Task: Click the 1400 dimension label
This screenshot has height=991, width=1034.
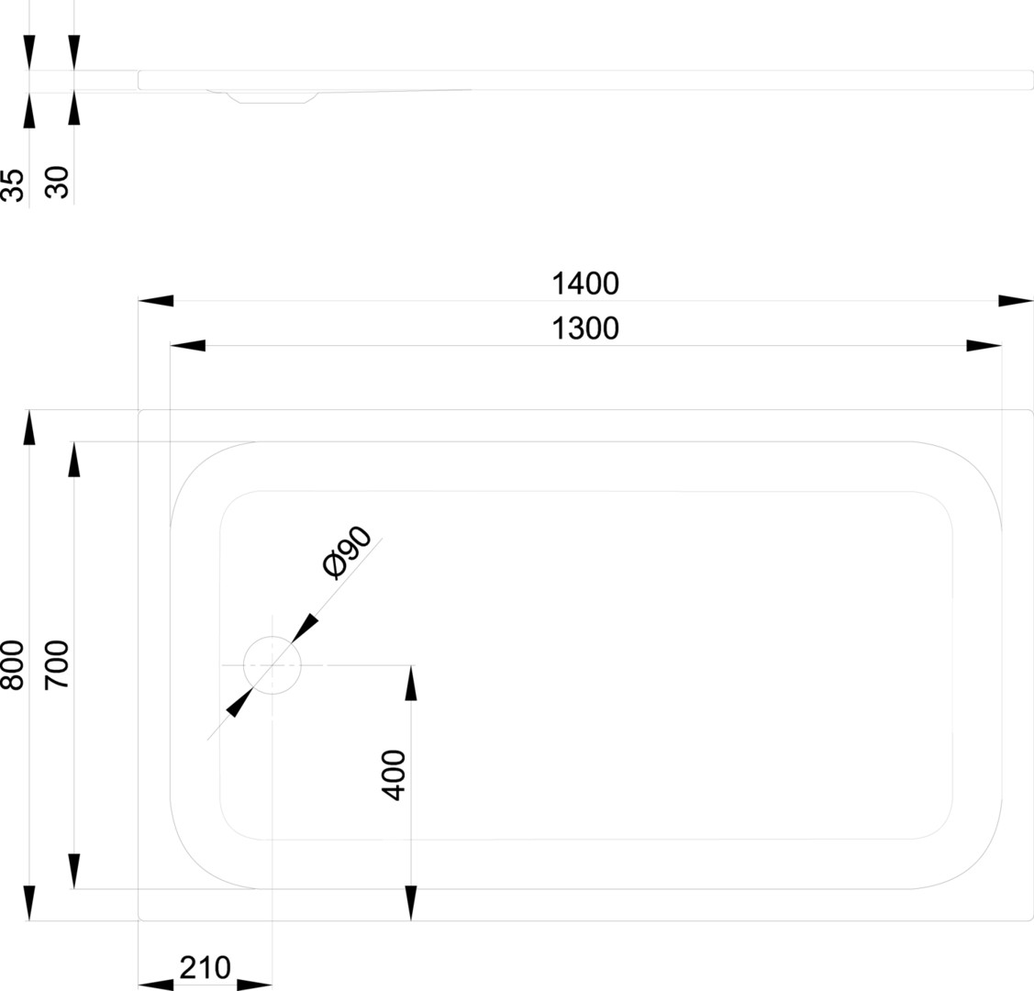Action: pos(585,284)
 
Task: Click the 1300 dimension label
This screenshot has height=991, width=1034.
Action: pos(585,328)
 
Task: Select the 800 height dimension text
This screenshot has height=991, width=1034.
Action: pos(13,665)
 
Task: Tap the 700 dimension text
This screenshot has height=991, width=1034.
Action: pos(57,665)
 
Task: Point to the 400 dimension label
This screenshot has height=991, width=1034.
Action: pos(393,775)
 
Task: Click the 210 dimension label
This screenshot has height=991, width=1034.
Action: pos(205,967)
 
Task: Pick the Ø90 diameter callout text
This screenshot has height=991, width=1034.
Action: pos(347,553)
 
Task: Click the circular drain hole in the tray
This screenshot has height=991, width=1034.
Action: pos(272,664)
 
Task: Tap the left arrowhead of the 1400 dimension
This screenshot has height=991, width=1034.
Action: pos(156,301)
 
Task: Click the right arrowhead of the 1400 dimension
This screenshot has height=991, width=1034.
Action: pos(1016,301)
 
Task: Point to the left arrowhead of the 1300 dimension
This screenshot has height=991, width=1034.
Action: pos(188,346)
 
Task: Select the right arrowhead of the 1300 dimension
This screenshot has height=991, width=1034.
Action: pos(984,346)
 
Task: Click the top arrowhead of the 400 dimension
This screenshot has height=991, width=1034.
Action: pos(410,683)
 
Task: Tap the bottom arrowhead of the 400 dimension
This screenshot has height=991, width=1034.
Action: pos(410,903)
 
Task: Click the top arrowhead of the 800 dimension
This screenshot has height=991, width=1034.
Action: pos(29,429)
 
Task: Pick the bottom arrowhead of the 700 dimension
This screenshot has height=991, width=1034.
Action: pos(73,871)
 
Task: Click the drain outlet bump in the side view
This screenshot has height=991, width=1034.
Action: pos(273,96)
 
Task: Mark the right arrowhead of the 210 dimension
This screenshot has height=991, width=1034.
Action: pos(254,985)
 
